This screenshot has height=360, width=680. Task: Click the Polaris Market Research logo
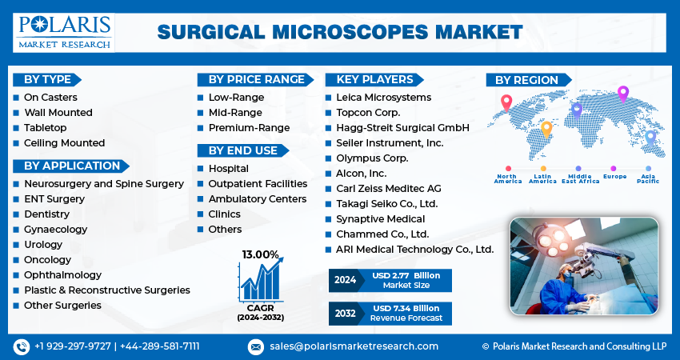click(x=64, y=33)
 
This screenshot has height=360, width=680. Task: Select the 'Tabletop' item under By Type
click(x=45, y=128)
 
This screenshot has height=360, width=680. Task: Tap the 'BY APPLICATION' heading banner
click(x=71, y=166)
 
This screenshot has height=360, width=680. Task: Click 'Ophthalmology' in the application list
click(x=62, y=275)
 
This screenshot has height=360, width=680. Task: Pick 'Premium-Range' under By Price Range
click(x=249, y=128)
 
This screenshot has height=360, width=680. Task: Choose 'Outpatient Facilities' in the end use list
click(x=258, y=184)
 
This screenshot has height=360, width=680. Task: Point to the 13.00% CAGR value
click(x=260, y=254)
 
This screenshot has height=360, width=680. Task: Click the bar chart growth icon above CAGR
click(x=261, y=280)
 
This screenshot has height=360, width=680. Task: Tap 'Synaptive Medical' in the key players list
click(x=380, y=219)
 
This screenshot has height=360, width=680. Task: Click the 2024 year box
click(x=345, y=280)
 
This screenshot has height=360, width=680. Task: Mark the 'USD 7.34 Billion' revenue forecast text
click(x=406, y=308)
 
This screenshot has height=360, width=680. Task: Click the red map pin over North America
click(x=506, y=103)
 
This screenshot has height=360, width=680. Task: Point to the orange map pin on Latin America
click(x=546, y=130)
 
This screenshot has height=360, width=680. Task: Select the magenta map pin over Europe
click(x=622, y=94)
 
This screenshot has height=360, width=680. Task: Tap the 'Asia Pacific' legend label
click(x=648, y=178)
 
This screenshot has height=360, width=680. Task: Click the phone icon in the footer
click(x=22, y=346)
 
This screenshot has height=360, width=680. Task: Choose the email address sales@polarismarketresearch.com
click(x=354, y=346)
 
